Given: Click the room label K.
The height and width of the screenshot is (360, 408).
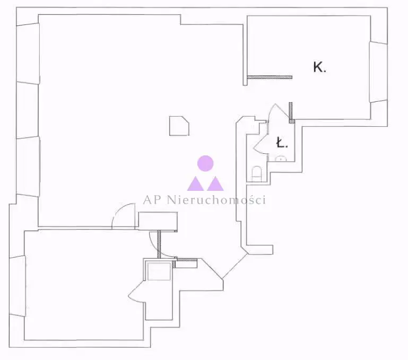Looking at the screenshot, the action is tap(319, 67).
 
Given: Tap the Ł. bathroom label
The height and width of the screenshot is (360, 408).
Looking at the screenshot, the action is tap(282, 143).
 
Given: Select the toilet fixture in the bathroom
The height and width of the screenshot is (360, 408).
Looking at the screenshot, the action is tap(257, 174).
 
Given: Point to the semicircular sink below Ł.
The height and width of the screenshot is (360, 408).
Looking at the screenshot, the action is tap(281, 159).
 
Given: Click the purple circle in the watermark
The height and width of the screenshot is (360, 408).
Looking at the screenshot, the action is tap(205, 163).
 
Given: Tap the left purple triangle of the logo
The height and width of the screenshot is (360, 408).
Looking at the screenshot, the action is tap(195, 183).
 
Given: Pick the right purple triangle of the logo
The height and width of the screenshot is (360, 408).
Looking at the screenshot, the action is tap(215, 183).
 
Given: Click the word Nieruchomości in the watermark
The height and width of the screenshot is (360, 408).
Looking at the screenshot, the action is tap(216, 200).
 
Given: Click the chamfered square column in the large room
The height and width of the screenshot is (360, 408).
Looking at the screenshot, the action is tap(179, 126).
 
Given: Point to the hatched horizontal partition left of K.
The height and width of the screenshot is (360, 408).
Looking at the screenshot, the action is tap(270, 77).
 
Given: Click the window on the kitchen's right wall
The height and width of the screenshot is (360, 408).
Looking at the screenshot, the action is tap(378, 72).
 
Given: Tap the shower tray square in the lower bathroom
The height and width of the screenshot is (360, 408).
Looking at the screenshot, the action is tap(159, 271).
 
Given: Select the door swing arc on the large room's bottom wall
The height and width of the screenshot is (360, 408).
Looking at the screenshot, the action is tap(123, 216).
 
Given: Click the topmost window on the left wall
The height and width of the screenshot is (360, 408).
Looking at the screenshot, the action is tap(28, 54).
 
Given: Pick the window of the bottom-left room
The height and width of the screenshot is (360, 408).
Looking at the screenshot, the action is tap(18, 286).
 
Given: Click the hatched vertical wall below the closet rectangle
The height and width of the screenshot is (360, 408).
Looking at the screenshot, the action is tap(159, 244).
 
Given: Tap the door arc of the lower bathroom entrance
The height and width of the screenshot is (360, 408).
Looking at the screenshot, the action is tap(136, 291).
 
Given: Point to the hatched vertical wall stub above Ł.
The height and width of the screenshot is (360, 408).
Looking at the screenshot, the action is tap(291, 112).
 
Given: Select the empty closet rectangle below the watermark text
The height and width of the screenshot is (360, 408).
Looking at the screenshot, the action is tap(158, 221).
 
